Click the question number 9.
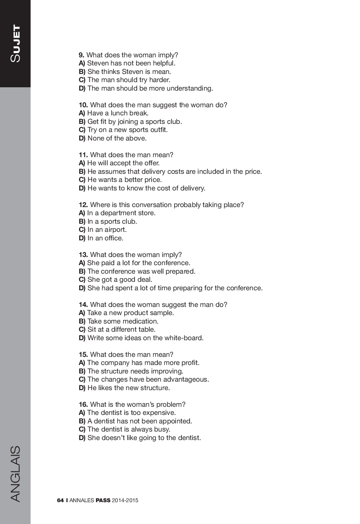point(81,55)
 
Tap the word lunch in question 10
point(119,113)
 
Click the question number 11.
point(83,155)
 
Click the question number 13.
point(83,255)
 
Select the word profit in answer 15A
point(190,363)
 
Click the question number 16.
point(83,405)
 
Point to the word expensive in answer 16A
point(160,413)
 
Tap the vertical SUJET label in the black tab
point(16,43)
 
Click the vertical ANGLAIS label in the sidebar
point(15,474)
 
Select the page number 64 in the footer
point(60,500)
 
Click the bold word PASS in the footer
point(103,500)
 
